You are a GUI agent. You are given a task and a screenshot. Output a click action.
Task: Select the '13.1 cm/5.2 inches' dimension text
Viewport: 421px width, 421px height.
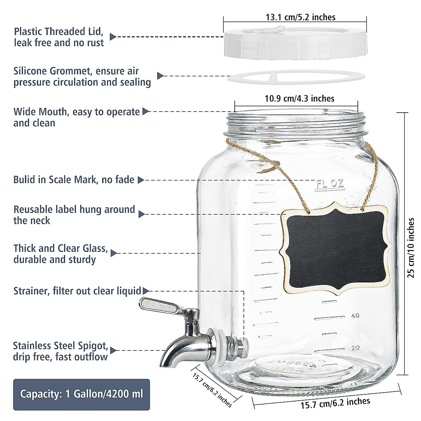click(300, 17)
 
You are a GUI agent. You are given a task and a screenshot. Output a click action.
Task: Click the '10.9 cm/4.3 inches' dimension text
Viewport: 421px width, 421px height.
click(299, 99)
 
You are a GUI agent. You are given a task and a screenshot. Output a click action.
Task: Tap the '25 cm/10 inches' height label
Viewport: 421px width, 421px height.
click(411, 247)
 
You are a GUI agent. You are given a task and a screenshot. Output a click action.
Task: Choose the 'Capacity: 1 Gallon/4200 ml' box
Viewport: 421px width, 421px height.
click(81, 394)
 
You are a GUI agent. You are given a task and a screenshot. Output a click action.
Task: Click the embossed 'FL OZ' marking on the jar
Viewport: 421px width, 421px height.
click(330, 183)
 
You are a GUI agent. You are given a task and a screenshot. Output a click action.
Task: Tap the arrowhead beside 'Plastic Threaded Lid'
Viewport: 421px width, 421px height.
click(113, 36)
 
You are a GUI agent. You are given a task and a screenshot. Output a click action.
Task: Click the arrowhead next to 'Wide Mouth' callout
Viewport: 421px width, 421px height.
click(146, 112)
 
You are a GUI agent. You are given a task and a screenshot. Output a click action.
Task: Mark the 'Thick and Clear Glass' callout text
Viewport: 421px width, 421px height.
click(60, 248)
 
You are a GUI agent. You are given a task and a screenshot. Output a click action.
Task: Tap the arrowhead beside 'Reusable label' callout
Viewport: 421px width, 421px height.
click(142, 214)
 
